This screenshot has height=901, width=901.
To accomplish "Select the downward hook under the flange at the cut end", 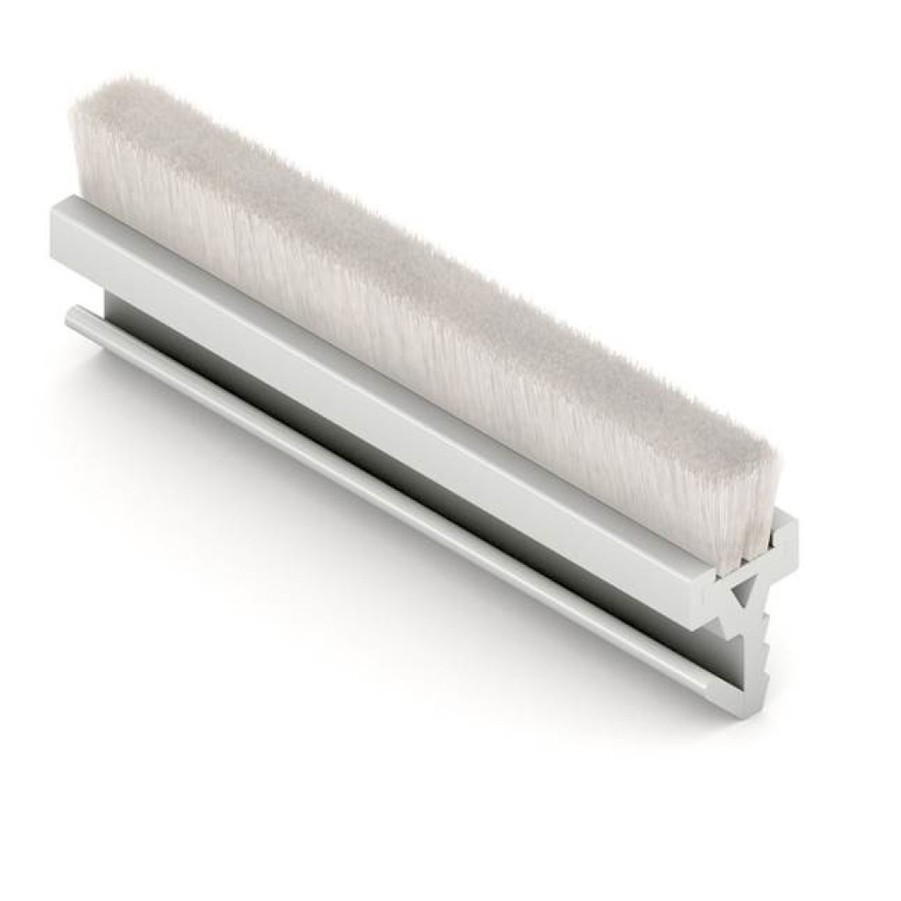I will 717,620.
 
